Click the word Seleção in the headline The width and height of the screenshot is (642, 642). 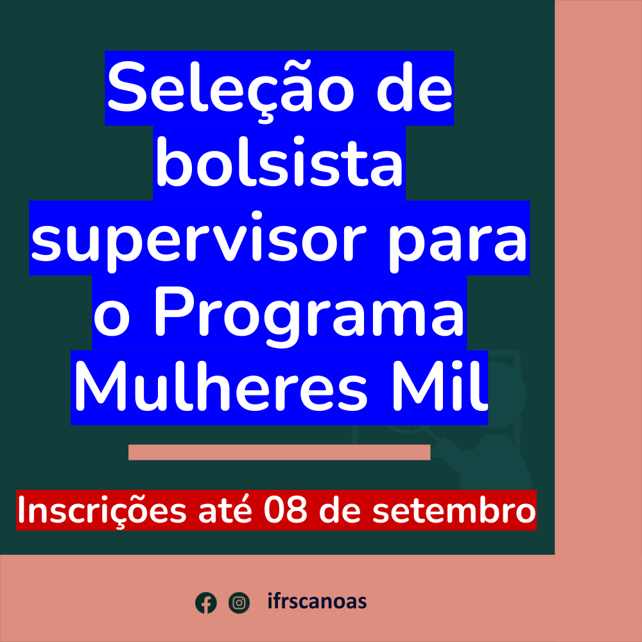[x=230, y=89]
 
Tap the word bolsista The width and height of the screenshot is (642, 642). [x=279, y=161]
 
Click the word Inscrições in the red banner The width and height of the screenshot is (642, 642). [x=102, y=511]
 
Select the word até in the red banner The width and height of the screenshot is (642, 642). [x=224, y=510]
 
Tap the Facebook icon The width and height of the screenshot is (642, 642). [x=206, y=603]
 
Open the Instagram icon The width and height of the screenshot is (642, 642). [x=239, y=603]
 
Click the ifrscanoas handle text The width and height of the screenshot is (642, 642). [x=317, y=602]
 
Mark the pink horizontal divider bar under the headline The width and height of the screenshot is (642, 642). [x=279, y=452]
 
